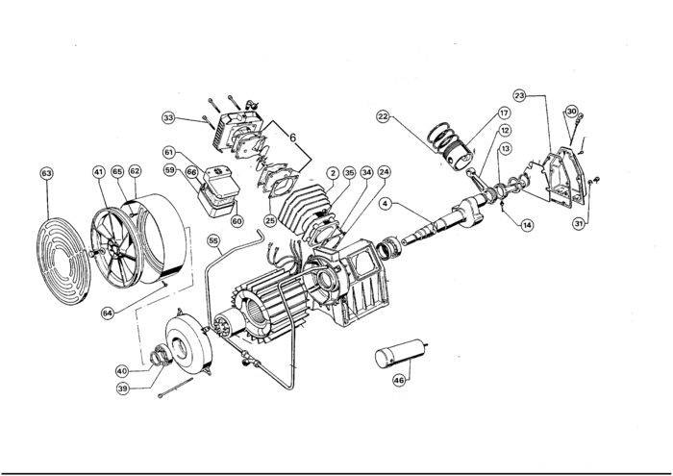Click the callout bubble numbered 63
[x=46, y=173]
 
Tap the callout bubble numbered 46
[x=399, y=380]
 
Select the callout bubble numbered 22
[x=384, y=116]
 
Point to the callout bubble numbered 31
[x=579, y=223]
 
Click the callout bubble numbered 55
[x=213, y=240]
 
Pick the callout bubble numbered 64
[x=108, y=313]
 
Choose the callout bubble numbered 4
[x=385, y=204]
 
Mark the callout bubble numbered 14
[x=527, y=225]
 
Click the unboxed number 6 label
[x=292, y=138]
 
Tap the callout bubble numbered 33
[x=168, y=117]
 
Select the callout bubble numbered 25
[x=270, y=220]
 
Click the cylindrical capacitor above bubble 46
[x=401, y=353]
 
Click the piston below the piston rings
[x=457, y=156]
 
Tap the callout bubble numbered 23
[x=520, y=95]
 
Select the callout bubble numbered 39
[x=123, y=388]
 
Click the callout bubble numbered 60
[x=237, y=220]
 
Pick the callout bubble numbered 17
[x=504, y=113]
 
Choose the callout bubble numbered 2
[x=333, y=173]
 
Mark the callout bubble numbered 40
[x=122, y=371]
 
